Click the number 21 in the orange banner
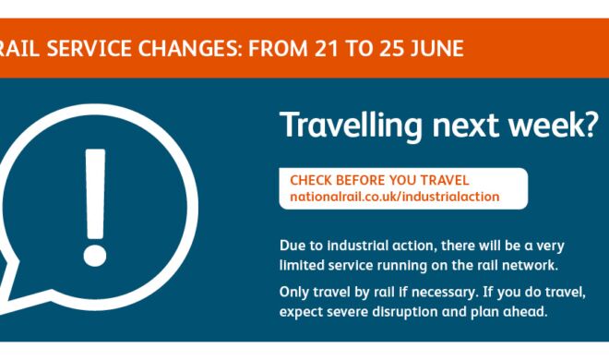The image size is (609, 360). click(326, 49)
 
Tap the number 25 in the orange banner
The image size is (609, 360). click(391, 49)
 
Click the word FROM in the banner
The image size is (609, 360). click(278, 49)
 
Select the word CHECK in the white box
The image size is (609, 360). click(311, 180)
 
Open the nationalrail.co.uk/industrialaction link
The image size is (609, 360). click(395, 197)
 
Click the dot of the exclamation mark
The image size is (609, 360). click(95, 255)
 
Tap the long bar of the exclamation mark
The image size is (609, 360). click(95, 194)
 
